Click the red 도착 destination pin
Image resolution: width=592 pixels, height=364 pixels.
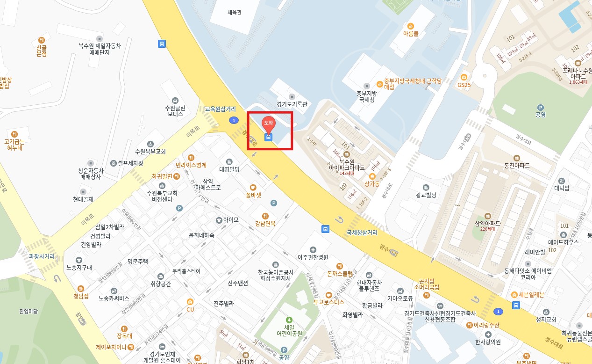[268, 123]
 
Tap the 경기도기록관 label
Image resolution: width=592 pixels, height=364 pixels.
[292, 104]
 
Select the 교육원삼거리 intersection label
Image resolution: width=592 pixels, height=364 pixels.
[220, 109]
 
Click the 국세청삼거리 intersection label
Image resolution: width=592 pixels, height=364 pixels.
[362, 232]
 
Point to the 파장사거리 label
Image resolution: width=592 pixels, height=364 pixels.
[42, 256]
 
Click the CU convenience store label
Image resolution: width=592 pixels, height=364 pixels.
[190, 309]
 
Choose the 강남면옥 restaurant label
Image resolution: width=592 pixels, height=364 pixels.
[265, 223]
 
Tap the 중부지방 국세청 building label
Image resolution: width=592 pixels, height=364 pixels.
[366, 96]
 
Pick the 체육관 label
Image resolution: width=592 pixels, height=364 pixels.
[235, 13]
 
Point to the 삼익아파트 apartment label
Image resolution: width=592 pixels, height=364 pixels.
[487, 223]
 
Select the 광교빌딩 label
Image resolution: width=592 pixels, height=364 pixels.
[426, 195]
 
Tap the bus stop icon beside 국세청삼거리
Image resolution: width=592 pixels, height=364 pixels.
[325, 229]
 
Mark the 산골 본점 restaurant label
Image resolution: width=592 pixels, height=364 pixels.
[42, 51]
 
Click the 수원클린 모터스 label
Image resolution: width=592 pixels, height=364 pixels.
[175, 111]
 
